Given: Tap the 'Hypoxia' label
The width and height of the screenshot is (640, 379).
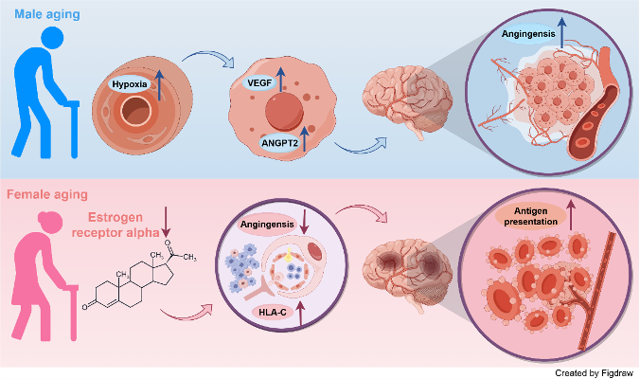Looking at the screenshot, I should coord(131,85).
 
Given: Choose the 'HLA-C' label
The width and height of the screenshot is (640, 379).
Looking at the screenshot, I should coord(274,312).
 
